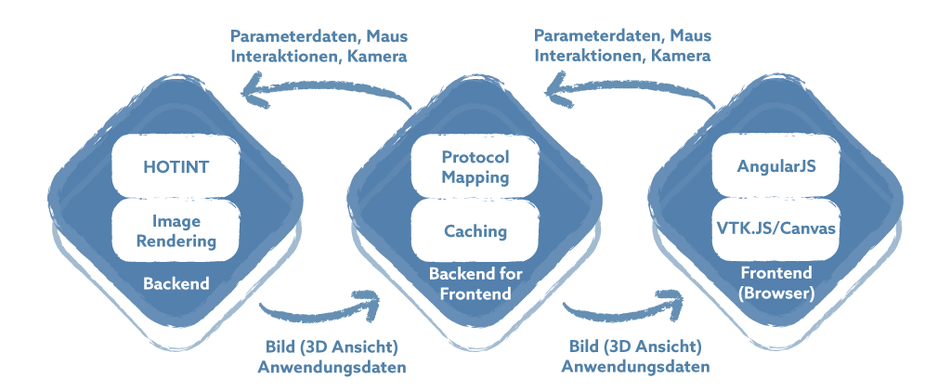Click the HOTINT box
(x=176, y=167)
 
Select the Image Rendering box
(x=176, y=231)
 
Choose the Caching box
(x=475, y=230)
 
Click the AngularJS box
(x=775, y=167)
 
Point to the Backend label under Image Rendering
(x=176, y=283)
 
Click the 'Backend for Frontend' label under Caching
(x=475, y=284)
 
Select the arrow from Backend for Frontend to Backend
(x=325, y=94)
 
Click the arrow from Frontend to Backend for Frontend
(x=632, y=94)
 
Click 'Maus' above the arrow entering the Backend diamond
(x=386, y=36)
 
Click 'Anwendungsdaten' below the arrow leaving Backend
(x=332, y=367)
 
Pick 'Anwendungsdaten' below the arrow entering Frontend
(x=635, y=367)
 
